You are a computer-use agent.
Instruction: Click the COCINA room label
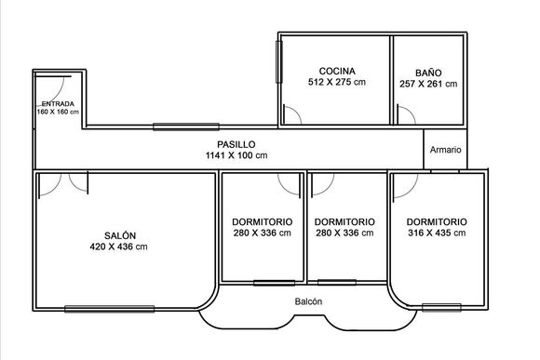pos(337,72)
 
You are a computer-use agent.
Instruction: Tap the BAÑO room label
pos(428,73)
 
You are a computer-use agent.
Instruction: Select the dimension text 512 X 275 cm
pos(337,82)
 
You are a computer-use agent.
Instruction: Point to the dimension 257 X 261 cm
pos(428,84)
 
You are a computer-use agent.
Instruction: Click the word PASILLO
pos(236,144)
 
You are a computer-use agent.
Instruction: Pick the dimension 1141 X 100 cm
pos(236,155)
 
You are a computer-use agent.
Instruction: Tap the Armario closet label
pos(445,150)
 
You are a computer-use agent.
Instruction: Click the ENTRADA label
pos(58,104)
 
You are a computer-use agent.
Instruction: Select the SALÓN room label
pos(120,235)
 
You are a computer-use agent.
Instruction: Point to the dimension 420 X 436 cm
pos(118,247)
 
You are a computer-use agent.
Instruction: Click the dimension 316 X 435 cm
pos(437,233)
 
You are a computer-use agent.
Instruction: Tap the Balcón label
pos(308,301)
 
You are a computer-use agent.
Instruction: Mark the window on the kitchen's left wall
pos(279,62)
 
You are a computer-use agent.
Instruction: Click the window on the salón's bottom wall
pos(110,309)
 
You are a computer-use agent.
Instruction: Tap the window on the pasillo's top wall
pos(186,127)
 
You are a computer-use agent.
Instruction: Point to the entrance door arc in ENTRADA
pos(61,90)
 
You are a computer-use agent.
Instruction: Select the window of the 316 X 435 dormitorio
pos(441,307)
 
